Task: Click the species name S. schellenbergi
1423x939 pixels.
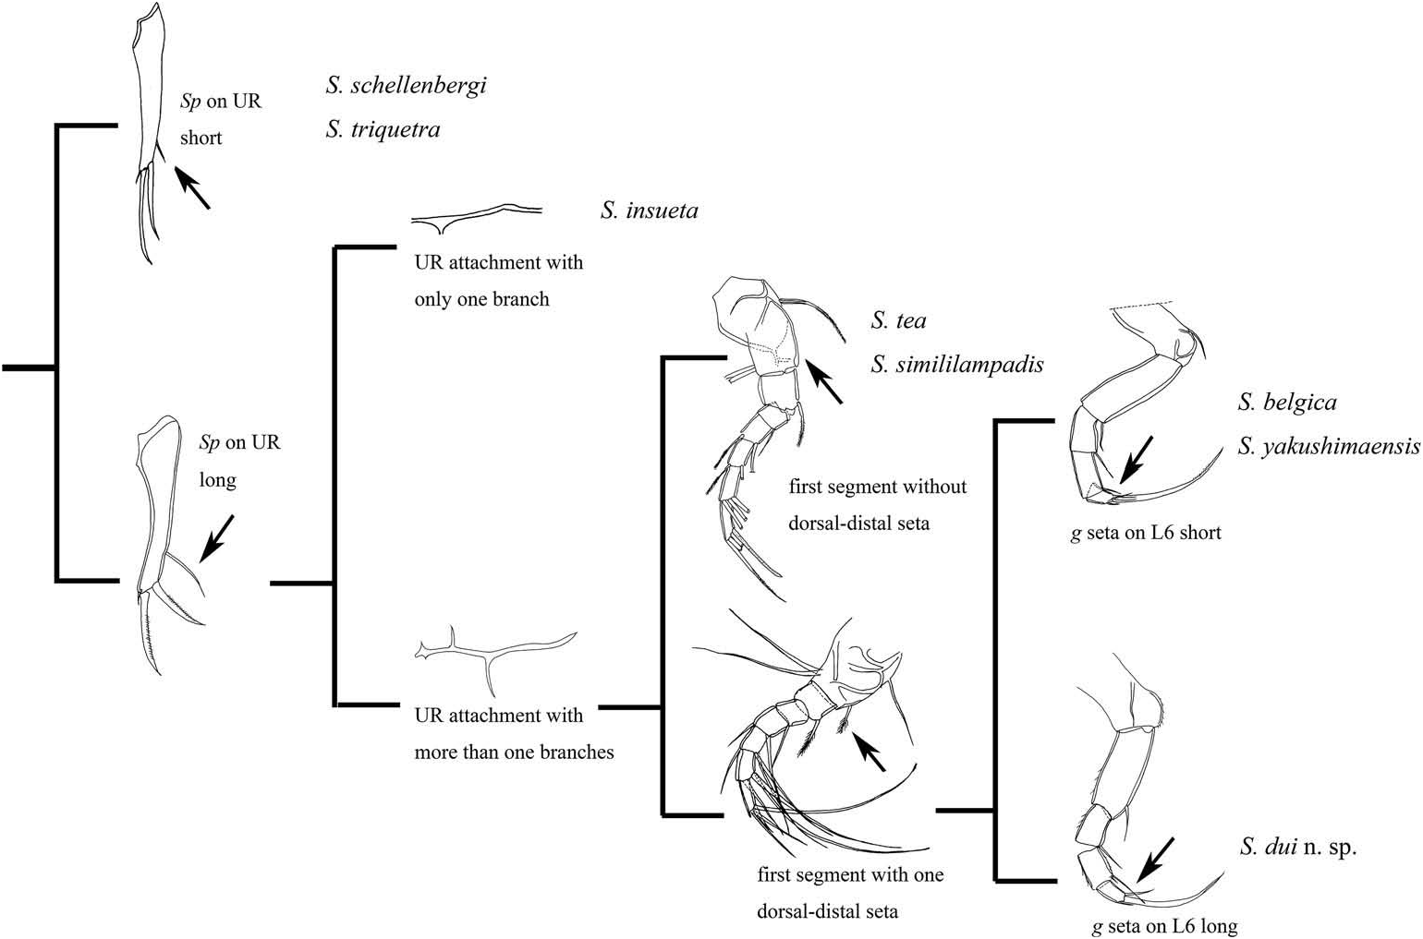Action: coord(406,86)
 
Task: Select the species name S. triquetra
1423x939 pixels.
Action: coord(383,129)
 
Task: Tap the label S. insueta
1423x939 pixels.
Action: coord(649,211)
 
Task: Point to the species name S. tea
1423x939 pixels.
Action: coord(898,320)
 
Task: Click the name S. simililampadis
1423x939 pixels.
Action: coord(956,365)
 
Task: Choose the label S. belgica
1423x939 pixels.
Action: coord(1286,403)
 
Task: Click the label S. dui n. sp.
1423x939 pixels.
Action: coord(1298,847)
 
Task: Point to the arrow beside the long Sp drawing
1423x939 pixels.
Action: coord(217,537)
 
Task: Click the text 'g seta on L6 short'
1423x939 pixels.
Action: coord(1146,533)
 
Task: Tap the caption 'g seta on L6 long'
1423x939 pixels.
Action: coord(1164,926)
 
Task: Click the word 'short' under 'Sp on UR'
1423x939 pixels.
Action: coord(201,138)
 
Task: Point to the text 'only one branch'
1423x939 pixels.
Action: coord(481,299)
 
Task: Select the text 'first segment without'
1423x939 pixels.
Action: coord(877,487)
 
